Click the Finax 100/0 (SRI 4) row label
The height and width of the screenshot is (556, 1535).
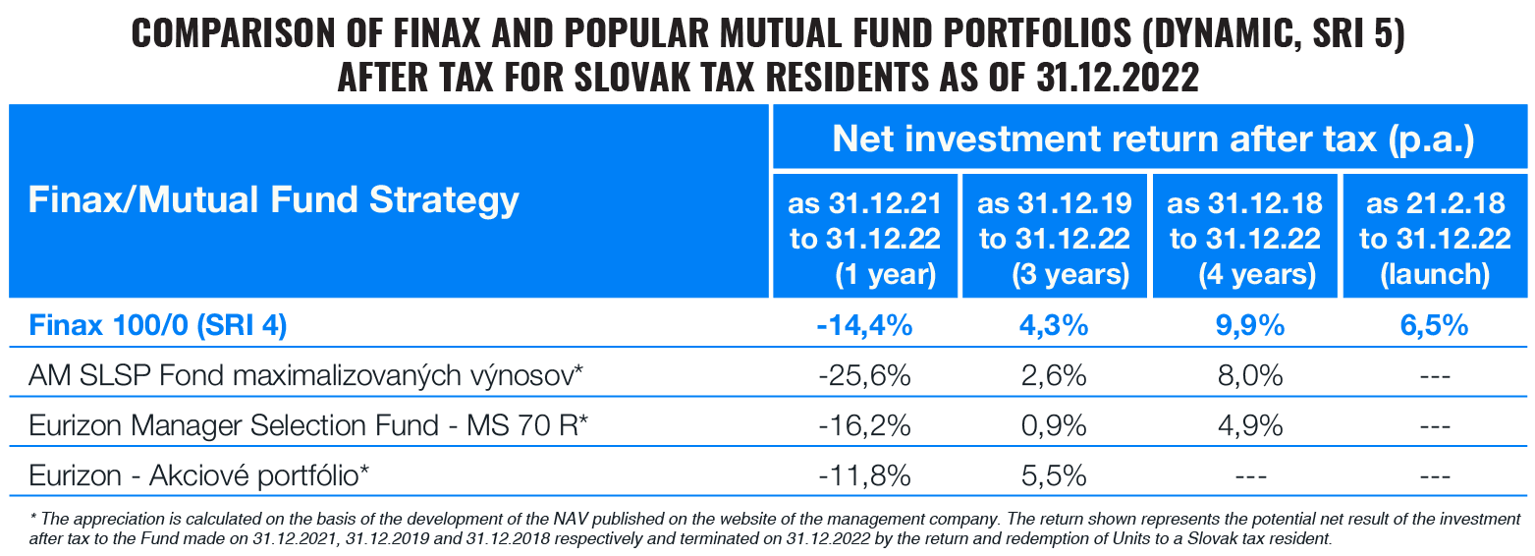(158, 326)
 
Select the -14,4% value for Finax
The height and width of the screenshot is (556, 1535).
(864, 326)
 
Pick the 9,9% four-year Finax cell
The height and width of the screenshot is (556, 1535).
(1245, 326)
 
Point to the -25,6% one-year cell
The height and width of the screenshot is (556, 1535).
(864, 376)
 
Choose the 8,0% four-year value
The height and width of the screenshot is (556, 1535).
(1245, 376)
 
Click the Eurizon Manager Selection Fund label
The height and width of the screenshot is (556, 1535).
(307, 426)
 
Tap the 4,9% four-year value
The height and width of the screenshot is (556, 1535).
(1245, 426)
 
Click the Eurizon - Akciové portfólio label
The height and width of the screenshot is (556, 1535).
(199, 476)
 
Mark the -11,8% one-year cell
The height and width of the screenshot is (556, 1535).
(864, 476)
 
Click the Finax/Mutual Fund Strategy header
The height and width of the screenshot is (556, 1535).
(273, 201)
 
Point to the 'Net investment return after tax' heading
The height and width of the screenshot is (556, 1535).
(1153, 139)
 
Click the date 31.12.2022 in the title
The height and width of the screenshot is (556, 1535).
(1118, 77)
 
